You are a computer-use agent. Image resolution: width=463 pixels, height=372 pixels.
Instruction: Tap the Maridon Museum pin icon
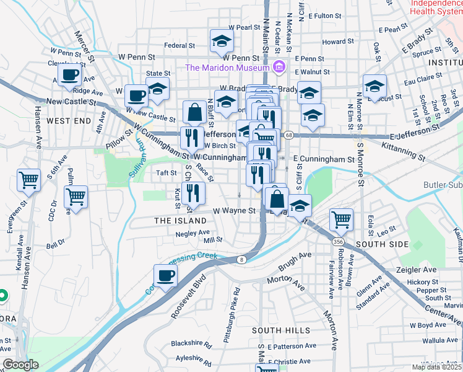pyautogui.click(x=279, y=66)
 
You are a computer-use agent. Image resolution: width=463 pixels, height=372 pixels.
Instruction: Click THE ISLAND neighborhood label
pyautogui.click(x=180, y=221)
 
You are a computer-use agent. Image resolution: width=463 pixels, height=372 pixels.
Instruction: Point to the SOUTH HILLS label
pyautogui.click(x=281, y=330)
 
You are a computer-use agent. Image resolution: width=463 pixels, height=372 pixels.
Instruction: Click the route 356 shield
pyautogui.click(x=337, y=241)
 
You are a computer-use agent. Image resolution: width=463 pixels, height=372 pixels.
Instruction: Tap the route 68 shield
pyautogui.click(x=289, y=135)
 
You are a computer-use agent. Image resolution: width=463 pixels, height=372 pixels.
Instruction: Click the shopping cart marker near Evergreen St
pyautogui.click(x=29, y=180)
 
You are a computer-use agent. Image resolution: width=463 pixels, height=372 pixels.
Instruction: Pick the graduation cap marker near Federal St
pyautogui.click(x=220, y=41)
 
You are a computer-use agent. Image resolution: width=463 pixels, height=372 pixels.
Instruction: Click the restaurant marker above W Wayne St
pyautogui.click(x=194, y=192)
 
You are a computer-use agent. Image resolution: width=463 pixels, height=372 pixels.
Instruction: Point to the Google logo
pyautogui.click(x=20, y=365)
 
